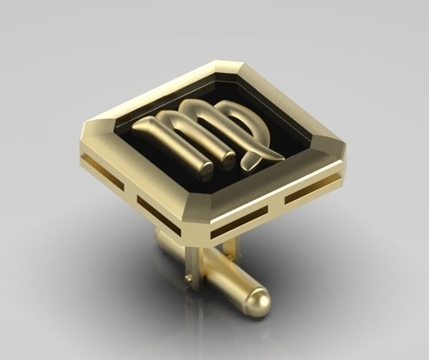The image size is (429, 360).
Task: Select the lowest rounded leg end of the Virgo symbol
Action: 205,171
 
